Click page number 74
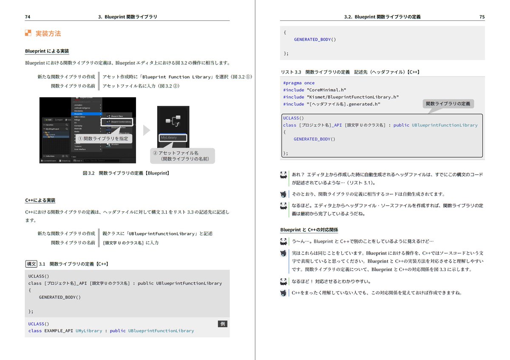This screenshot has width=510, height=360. coord(28,17)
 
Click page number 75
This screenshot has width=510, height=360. coord(482,17)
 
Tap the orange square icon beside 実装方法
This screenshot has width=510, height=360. coord(28,33)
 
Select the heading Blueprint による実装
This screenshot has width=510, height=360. coord(47,51)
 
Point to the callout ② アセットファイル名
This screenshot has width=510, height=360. coord(182,156)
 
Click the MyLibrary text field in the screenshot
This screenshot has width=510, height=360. coord(173,138)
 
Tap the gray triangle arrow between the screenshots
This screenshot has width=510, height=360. coord(147,130)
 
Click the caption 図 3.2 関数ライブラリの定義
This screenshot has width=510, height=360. coord(126,173)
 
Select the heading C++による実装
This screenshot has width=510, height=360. coord(40,200)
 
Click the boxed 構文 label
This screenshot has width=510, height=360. coord(31,264)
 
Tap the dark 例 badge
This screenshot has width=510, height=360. coord(223,324)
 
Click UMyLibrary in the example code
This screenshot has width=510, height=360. coord(89,331)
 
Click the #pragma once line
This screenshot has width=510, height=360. coord(299,83)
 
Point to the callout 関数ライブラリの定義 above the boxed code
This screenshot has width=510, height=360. coord(448,104)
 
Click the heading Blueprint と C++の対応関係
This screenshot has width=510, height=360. coord(309,230)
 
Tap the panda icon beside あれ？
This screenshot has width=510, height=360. coord(283,175)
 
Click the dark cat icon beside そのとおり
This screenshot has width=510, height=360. coord(283,194)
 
